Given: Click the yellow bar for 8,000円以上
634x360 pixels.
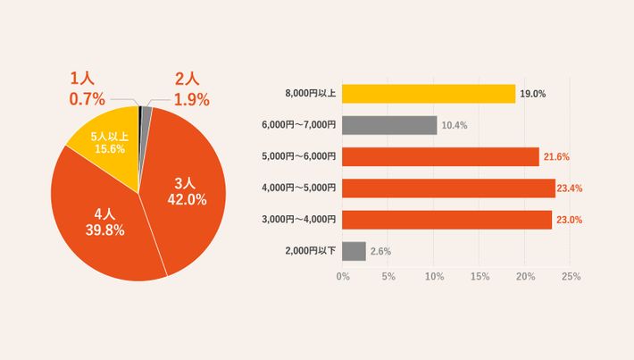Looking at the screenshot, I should coord(429,94).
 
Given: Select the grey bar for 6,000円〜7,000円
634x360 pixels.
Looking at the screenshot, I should coord(389,125).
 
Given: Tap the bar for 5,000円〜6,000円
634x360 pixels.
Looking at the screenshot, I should coord(440,156).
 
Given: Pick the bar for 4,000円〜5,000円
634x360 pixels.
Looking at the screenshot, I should coord(448,188).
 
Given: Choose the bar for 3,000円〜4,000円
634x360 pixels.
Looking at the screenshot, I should coord(446,219).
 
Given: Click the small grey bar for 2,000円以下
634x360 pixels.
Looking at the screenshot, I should coord(354,251).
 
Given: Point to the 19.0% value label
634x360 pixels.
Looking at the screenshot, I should coord(533,94).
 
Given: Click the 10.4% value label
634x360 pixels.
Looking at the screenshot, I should coord(455,125).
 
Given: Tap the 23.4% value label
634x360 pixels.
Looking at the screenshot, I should coord(572,188).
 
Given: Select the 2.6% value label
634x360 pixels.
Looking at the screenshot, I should coord(380,251).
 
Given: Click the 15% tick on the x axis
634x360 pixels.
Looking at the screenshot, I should coord(480,277).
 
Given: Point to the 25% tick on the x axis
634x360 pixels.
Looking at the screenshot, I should coord(571,277).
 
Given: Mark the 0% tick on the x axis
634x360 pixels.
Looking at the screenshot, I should coord(343,277).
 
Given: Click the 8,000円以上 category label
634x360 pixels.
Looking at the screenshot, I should coord(310,94).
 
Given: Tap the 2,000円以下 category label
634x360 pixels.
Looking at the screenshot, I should coord(310,251).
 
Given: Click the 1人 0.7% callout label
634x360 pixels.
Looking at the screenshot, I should coord(87,88).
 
